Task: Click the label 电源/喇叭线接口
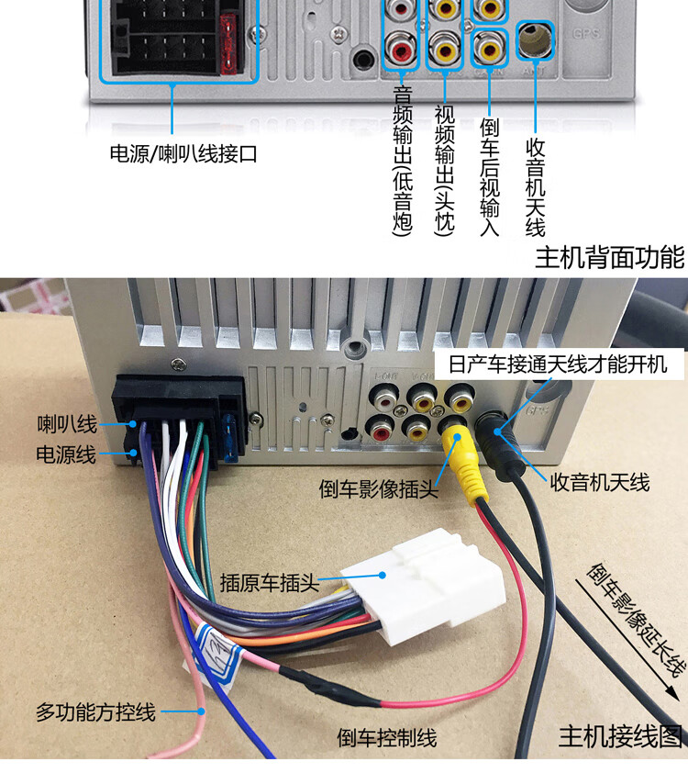[x=183, y=154]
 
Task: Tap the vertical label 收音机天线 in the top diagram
[x=535, y=186]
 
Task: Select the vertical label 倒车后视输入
[x=489, y=176]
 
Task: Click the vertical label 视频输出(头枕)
[x=444, y=169]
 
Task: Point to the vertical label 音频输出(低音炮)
[x=402, y=162]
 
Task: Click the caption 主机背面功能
[x=609, y=256]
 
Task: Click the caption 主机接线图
[x=620, y=736]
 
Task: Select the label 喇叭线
[x=66, y=424]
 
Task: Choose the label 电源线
[x=66, y=454]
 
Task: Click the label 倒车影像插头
[x=378, y=488]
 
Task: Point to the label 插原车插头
[x=269, y=581]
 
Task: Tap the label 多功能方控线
[x=95, y=711]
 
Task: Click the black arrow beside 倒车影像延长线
[x=639, y=643]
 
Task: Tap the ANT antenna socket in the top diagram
[x=535, y=39]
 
